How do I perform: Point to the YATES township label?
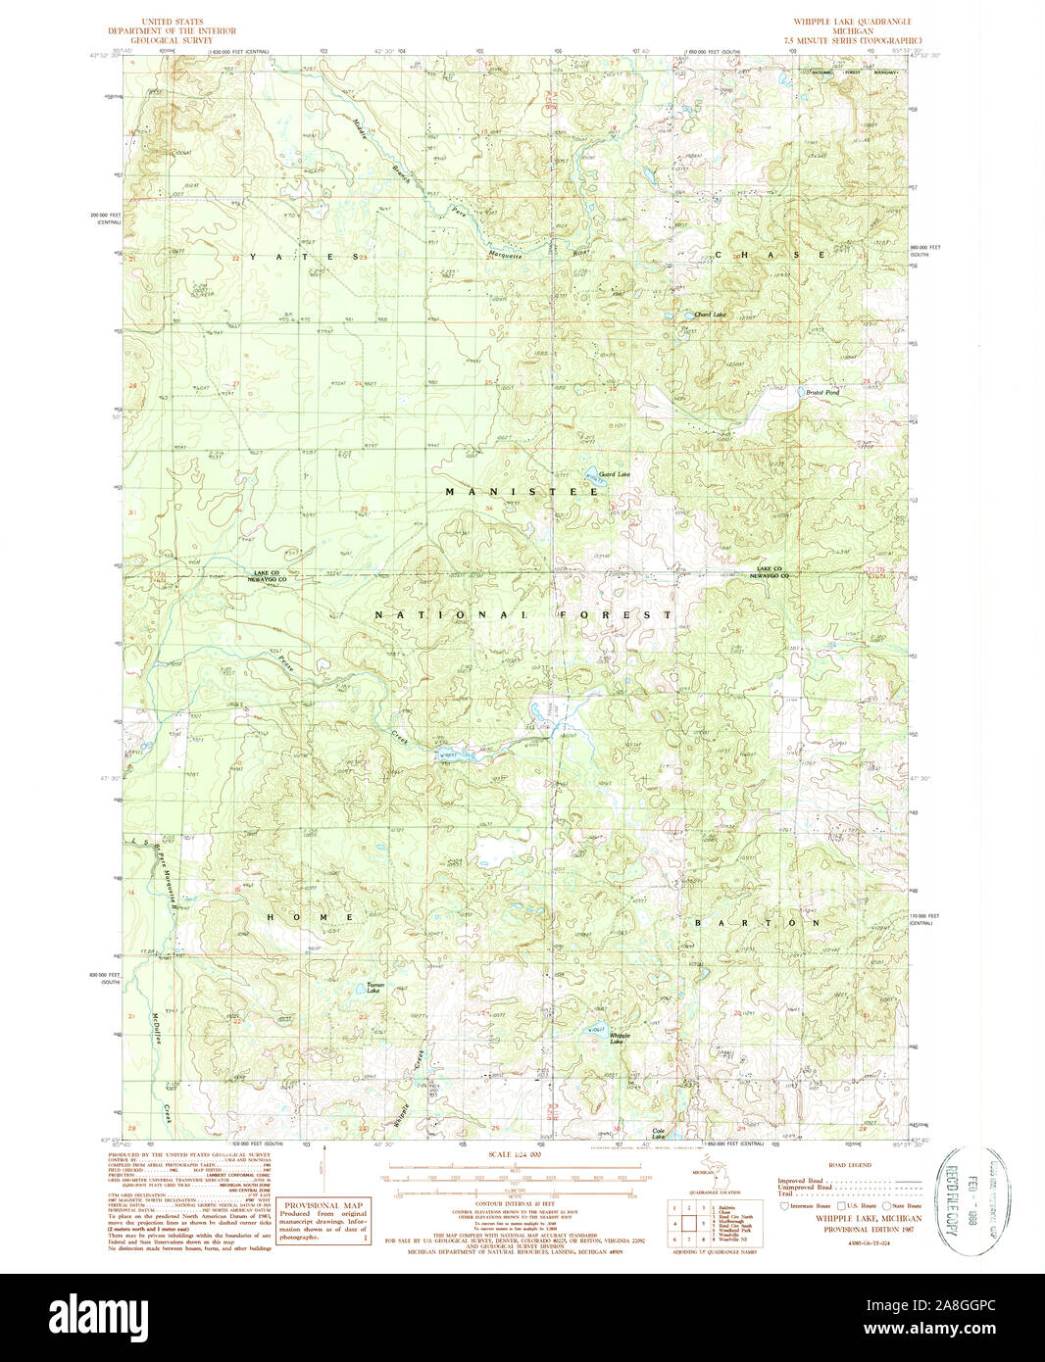click(302, 257)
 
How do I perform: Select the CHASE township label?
click(770, 255)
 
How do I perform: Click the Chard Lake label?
click(711, 315)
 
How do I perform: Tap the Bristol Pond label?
click(822, 392)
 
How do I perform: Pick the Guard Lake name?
click(615, 474)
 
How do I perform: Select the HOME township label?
click(310, 917)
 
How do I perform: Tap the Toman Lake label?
click(373, 988)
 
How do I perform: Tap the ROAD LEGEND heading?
click(849, 1165)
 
